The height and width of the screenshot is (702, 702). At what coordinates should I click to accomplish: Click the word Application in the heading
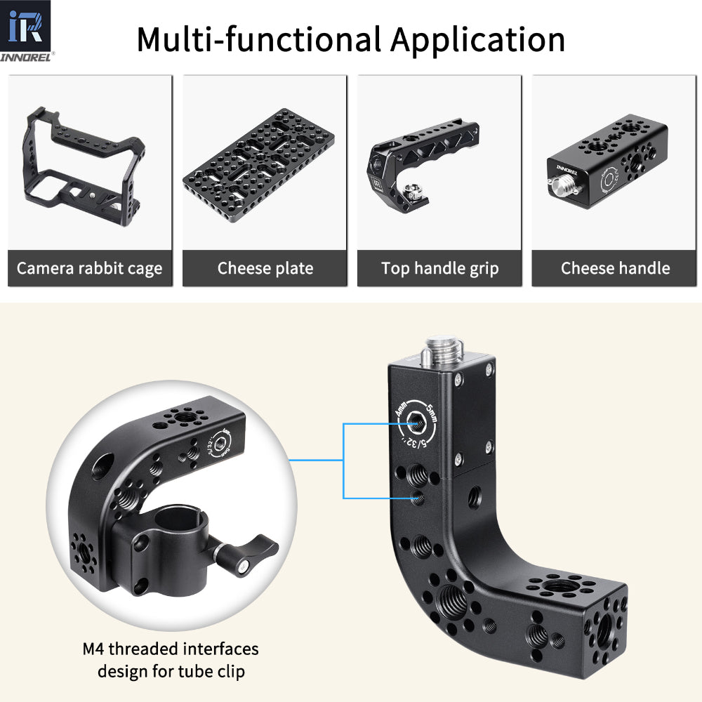pos(477,40)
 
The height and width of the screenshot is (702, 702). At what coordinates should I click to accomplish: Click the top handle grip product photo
pos(439,161)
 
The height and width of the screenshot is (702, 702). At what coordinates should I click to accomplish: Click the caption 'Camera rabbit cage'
pos(89,268)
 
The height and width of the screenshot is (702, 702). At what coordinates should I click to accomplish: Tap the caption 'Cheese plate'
pos(265,268)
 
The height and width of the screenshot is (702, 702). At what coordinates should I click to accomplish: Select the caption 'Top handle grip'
pos(439,268)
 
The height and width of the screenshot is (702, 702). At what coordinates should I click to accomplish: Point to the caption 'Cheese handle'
pos(615,268)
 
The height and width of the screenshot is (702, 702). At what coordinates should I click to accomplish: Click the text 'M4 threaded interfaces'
pos(171,649)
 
